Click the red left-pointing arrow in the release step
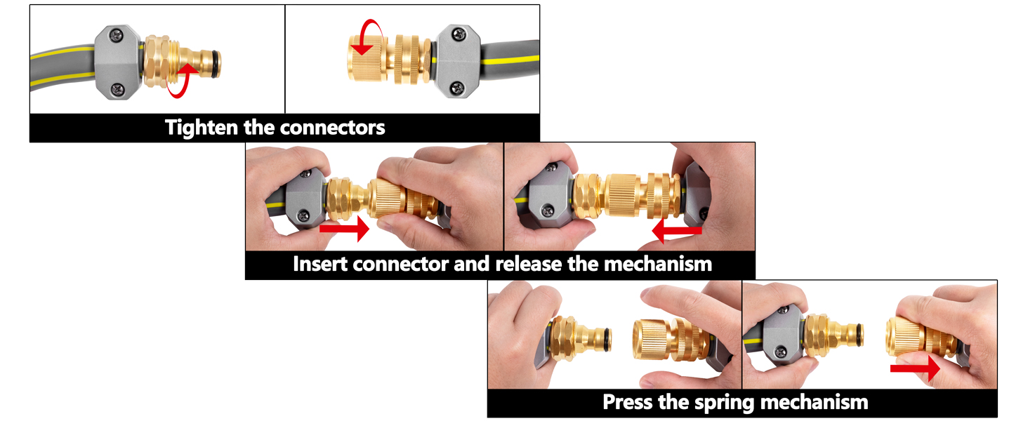point(676,230)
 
